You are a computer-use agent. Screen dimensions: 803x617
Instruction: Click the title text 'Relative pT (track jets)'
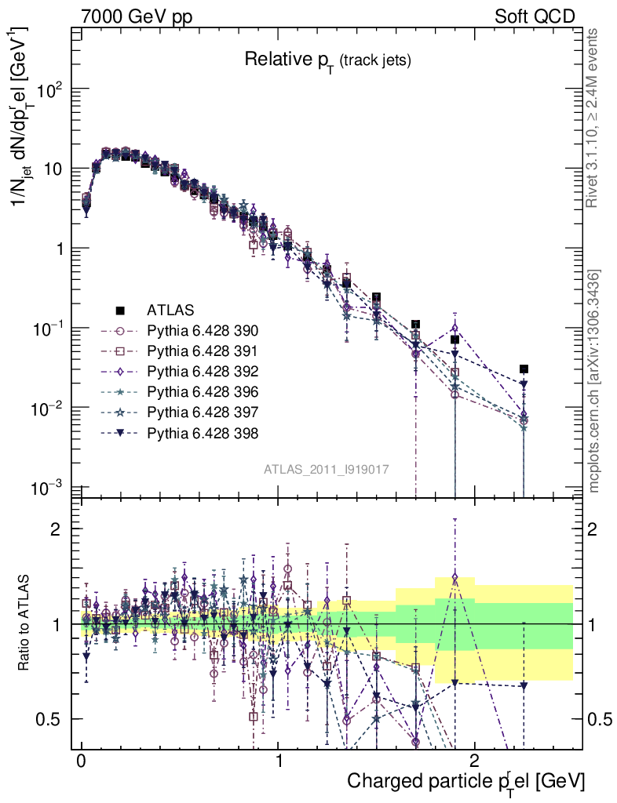tap(327, 60)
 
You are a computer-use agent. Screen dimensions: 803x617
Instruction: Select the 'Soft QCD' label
tap(534, 16)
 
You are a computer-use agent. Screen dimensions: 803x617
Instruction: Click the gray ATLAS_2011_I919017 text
tap(327, 469)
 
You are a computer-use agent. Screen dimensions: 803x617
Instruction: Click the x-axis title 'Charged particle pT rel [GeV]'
tap(465, 780)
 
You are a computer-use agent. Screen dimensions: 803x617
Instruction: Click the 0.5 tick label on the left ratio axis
tap(51, 719)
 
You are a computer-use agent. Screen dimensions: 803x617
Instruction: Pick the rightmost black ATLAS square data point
tap(524, 369)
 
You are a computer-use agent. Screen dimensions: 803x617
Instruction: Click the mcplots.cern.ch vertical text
tap(594, 381)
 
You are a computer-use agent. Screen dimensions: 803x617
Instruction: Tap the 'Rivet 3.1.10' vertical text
tap(594, 118)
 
